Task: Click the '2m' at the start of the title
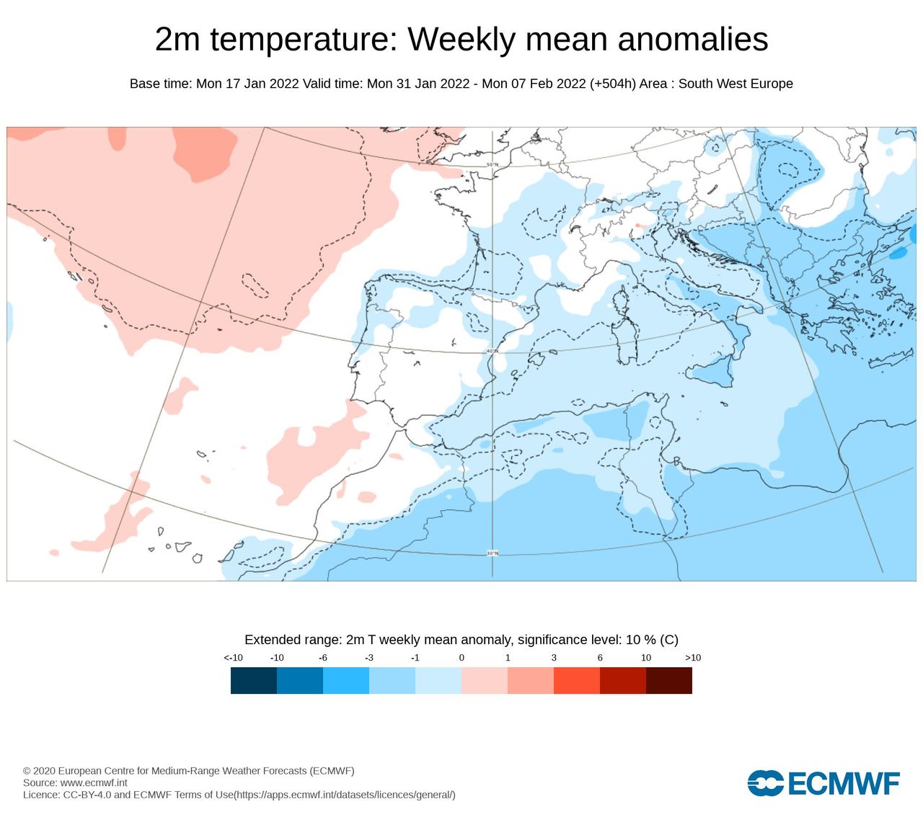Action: [x=177, y=40]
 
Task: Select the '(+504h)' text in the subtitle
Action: [x=612, y=84]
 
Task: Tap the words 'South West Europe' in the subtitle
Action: [x=735, y=84]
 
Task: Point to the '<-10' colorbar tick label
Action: [x=233, y=658]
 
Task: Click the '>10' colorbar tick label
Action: [x=692, y=658]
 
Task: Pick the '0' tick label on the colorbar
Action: [x=461, y=658]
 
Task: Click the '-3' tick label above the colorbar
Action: [x=368, y=658]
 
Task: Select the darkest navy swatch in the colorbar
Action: [x=254, y=680]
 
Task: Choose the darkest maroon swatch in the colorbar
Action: [x=669, y=680]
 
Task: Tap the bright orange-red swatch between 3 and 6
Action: [x=577, y=680]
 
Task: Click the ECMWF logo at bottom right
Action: [x=823, y=783]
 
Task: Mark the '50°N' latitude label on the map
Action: [x=492, y=165]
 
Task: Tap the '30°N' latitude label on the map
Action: [x=492, y=553]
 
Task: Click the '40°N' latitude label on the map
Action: [x=492, y=352]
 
